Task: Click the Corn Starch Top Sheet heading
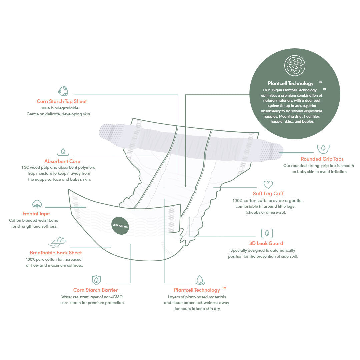[62, 101]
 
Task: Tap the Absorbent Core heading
[62, 161]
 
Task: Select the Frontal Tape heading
[36, 214]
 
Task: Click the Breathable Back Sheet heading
[56, 253]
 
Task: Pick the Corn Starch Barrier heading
[95, 290]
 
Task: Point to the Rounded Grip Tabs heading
[322, 159]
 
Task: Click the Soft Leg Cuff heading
[268, 193]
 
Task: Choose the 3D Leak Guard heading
[266, 243]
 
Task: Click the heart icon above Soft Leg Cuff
[268, 184]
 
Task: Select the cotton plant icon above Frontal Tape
[37, 204]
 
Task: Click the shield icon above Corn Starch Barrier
[96, 279]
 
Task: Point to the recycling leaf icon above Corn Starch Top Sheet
[63, 91]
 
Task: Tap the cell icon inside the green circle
[295, 65]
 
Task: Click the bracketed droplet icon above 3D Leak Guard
[267, 233]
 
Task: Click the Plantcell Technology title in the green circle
[291, 83]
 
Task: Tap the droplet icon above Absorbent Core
[63, 152]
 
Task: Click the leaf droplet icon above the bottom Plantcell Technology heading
[200, 280]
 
